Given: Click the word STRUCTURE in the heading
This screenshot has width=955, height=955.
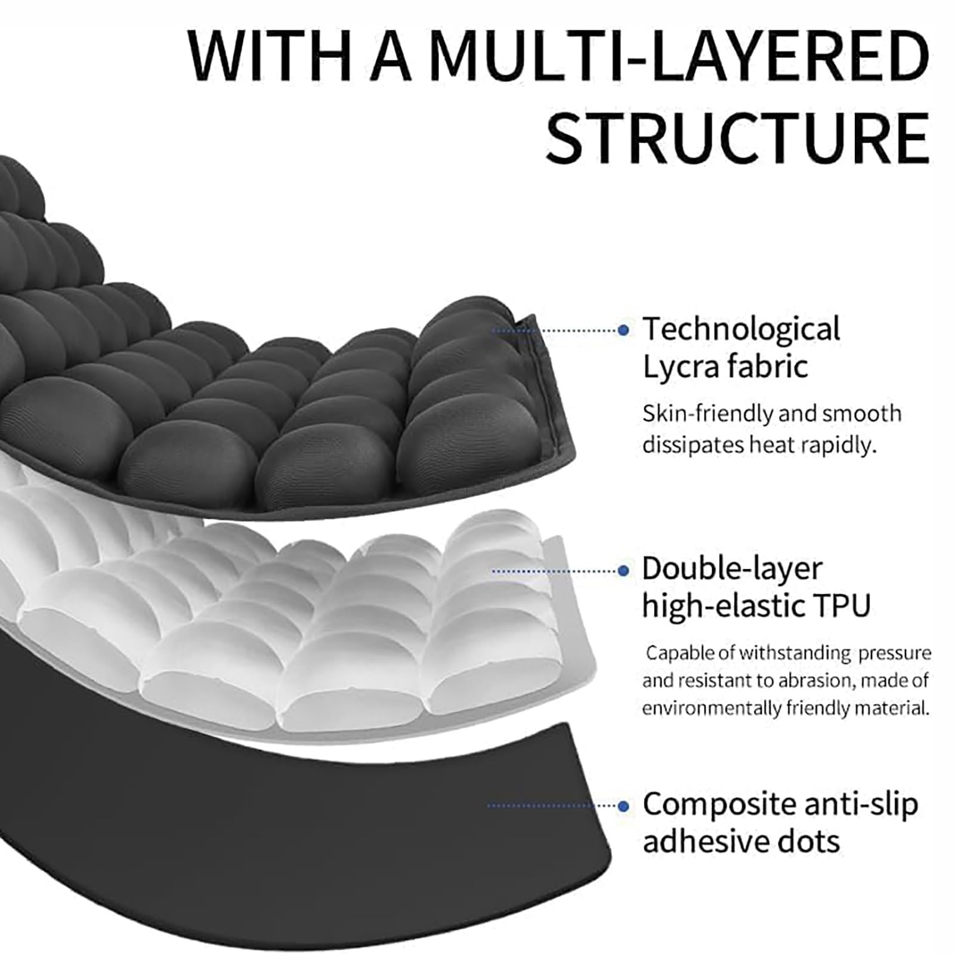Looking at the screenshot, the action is pyautogui.click(x=738, y=138).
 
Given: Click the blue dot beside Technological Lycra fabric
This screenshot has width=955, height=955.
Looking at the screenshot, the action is pyautogui.click(x=623, y=329).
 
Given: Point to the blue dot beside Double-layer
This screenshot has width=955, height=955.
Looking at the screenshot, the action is pyautogui.click(x=623, y=571).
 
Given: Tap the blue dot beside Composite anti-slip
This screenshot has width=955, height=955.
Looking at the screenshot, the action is pyautogui.click(x=623, y=806).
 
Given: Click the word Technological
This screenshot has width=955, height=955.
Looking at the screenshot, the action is pyautogui.click(x=741, y=330).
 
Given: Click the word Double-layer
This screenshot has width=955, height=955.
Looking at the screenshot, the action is pyautogui.click(x=732, y=569).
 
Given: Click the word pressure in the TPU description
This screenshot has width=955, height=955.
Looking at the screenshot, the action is pyautogui.click(x=895, y=654).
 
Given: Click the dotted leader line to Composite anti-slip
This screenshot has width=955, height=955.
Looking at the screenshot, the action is pyautogui.click(x=552, y=806).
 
